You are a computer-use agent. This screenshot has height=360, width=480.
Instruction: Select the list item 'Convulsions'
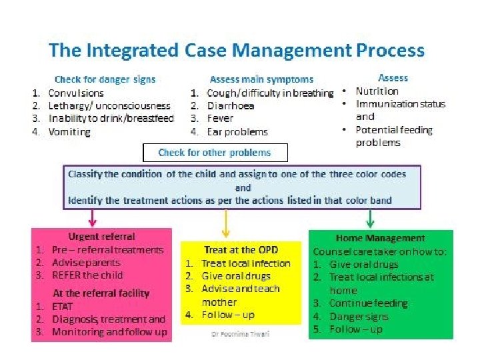click(x=76, y=93)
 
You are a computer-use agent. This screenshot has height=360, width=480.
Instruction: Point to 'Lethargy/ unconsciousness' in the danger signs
click(x=109, y=106)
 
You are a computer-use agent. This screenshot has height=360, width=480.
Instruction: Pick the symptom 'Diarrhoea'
click(x=230, y=106)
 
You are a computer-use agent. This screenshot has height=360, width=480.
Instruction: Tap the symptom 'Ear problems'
click(x=237, y=132)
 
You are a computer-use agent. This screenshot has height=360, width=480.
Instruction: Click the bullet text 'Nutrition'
click(x=377, y=91)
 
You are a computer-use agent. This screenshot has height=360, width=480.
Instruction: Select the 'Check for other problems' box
click(x=215, y=153)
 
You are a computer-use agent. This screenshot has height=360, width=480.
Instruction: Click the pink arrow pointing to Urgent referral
click(x=93, y=217)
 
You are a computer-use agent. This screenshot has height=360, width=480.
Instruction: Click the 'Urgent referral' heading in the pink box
click(x=101, y=237)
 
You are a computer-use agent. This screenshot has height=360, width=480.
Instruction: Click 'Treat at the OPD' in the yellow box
click(x=239, y=250)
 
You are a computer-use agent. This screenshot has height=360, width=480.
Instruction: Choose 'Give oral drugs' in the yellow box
click(x=236, y=276)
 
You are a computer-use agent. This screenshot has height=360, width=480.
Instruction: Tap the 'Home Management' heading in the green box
click(x=380, y=238)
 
